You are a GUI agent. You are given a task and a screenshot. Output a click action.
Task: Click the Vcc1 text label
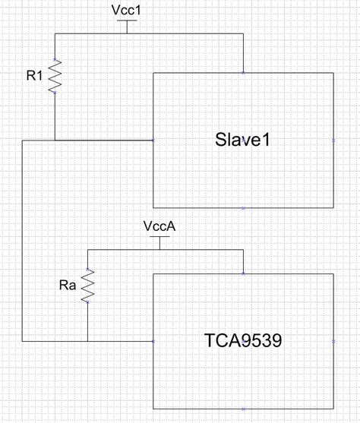(x=127, y=11)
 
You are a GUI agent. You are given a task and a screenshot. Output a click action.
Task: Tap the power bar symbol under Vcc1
(x=127, y=22)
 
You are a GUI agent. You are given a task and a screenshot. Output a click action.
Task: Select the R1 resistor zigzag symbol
(x=55, y=77)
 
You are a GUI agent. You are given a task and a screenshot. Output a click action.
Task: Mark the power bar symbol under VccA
(x=159, y=238)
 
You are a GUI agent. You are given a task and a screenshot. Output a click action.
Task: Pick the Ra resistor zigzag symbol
(x=88, y=286)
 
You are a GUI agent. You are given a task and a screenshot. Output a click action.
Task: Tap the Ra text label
(x=68, y=286)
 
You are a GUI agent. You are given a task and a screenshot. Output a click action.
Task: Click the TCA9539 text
(x=243, y=340)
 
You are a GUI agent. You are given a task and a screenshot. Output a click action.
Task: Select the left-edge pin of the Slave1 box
(x=153, y=140)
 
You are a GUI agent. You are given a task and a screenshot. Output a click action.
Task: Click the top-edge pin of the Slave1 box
(x=243, y=72)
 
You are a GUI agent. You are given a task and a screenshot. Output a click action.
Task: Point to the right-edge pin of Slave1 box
(x=333, y=140)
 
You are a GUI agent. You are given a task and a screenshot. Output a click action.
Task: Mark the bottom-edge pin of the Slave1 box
(x=243, y=207)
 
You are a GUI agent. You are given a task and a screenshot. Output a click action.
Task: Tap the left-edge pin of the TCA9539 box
(x=153, y=342)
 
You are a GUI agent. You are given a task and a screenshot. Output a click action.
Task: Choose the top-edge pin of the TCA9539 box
(x=243, y=274)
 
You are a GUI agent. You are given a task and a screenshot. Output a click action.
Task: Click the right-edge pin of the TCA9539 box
(x=333, y=342)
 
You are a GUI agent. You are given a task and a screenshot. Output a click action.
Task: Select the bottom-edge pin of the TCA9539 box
(x=243, y=409)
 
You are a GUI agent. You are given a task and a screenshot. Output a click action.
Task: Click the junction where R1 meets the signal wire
(x=55, y=140)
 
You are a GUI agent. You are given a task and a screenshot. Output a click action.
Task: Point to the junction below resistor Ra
(x=88, y=342)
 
